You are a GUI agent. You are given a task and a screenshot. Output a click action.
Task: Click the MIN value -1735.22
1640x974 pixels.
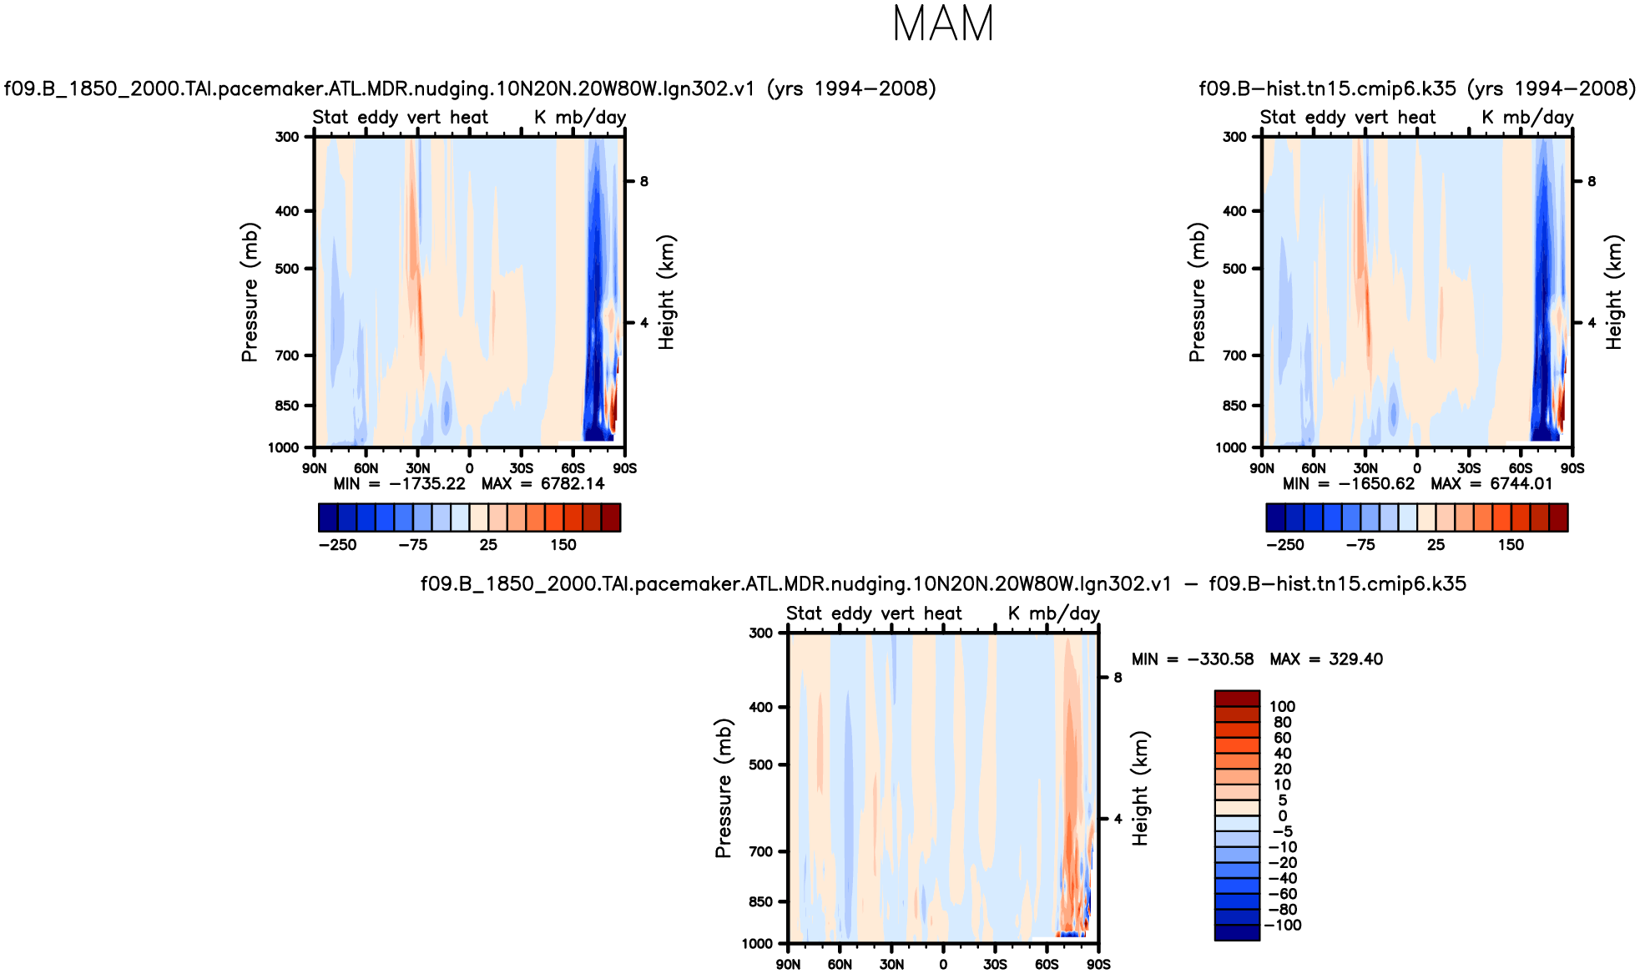426,484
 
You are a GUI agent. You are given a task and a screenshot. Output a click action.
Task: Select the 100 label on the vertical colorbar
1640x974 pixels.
1282,707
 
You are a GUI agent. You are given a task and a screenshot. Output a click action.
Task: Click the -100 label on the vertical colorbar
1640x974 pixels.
1283,926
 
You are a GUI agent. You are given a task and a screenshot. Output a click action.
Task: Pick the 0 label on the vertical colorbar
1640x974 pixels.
1283,816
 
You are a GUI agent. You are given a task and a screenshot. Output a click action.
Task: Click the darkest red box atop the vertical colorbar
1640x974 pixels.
1236,699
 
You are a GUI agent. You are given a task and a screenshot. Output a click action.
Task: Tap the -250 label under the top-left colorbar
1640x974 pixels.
337,545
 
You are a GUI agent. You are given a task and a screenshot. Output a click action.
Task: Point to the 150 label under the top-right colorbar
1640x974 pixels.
1511,545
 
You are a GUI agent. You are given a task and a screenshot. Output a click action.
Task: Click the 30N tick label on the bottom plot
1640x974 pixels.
891,965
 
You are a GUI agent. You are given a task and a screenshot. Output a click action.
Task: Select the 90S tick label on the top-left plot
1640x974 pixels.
624,469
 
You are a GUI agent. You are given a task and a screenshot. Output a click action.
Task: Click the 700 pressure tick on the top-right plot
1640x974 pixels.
1234,356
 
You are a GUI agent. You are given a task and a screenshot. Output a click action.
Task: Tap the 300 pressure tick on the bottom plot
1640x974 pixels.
760,633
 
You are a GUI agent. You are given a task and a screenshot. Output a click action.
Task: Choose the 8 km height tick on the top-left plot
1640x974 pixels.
643,181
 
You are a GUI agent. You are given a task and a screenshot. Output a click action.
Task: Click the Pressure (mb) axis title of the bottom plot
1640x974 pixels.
723,788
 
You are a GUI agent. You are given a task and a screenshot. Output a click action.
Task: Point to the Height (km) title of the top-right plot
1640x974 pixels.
1614,292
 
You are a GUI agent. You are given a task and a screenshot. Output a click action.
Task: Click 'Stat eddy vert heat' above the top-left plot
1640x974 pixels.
401,118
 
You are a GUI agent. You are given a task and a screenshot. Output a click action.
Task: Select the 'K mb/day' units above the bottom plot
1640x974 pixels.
1053,613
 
